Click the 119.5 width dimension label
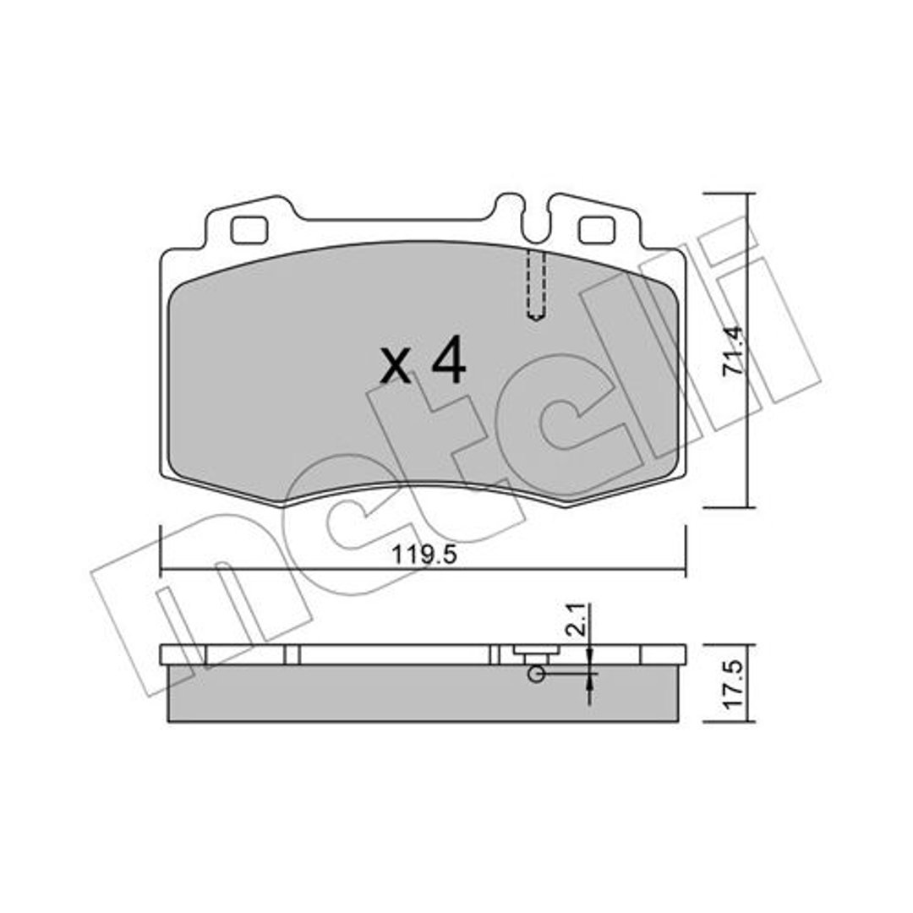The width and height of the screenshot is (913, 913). (424, 555)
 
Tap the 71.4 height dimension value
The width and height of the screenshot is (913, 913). (733, 351)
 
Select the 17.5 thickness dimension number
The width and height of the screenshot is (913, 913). (733, 684)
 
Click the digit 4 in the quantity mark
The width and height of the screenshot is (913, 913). (448, 360)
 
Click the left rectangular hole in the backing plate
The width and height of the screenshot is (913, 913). (249, 230)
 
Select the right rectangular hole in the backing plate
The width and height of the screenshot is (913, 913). (596, 230)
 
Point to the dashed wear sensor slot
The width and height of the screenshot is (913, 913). (536, 286)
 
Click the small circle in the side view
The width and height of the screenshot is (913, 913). (536, 675)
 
